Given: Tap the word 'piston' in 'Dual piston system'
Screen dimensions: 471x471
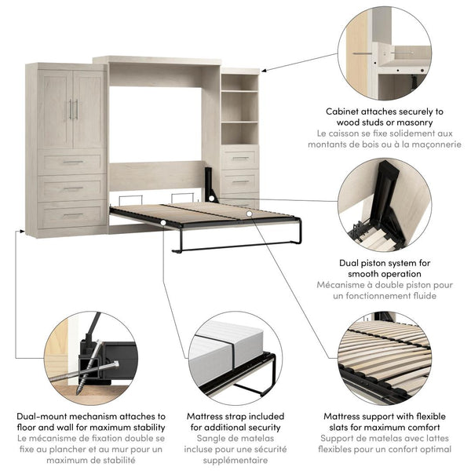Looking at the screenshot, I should click(x=371, y=263).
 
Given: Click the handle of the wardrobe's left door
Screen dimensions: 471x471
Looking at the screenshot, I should click(x=69, y=109).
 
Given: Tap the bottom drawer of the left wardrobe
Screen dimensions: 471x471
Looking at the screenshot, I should click(x=72, y=216).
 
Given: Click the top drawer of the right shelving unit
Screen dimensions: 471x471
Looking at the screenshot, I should click(x=239, y=159).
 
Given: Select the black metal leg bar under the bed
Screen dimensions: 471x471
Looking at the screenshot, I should click(x=235, y=248).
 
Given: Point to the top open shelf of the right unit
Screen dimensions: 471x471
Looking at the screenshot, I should click(x=239, y=82).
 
